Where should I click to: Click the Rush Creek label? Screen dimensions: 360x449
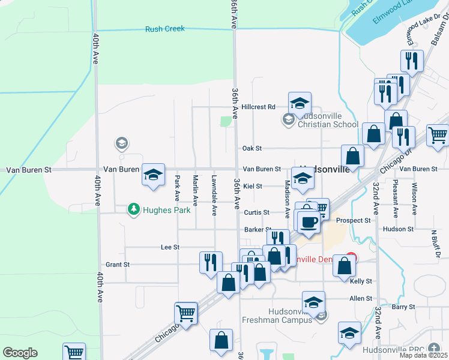[x=164, y=29]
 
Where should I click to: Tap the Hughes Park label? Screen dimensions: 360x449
[x=166, y=210]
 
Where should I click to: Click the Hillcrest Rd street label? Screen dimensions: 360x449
[x=262, y=107]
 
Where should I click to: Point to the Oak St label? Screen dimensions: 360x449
[x=253, y=148]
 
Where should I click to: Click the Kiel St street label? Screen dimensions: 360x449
[x=252, y=187]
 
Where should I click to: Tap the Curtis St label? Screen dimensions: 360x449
[x=256, y=213]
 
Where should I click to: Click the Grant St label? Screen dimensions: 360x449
[x=117, y=265]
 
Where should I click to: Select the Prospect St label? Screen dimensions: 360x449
[x=353, y=221]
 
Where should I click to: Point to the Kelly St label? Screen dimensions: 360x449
[x=361, y=281]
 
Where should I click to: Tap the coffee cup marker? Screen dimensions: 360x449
[x=309, y=222]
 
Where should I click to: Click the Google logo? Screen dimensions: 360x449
[x=20, y=353]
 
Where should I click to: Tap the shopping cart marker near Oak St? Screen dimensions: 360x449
[x=438, y=135]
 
